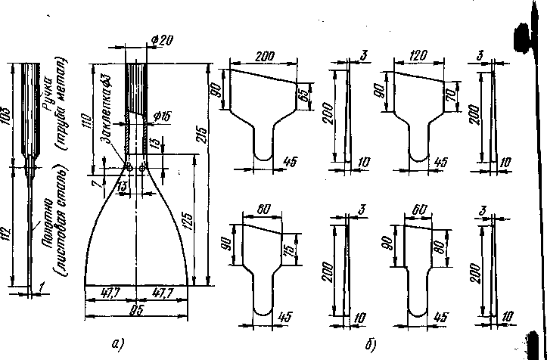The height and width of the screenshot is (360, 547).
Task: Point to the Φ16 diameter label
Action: (161, 115)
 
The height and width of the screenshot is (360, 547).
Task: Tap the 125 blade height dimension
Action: (184, 219)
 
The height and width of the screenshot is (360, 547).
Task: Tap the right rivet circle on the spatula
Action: (143, 168)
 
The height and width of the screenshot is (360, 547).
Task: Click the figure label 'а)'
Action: (117, 345)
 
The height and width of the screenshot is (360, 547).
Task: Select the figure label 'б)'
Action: (371, 346)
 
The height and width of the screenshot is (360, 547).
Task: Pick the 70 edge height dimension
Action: (453, 97)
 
